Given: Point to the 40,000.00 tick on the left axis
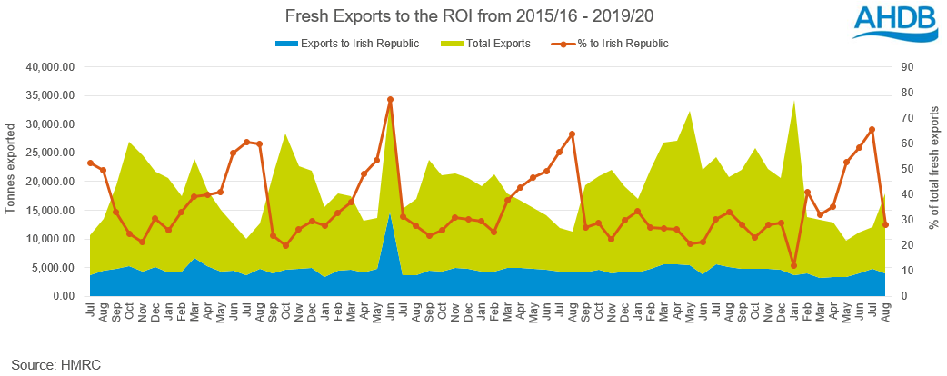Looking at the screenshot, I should [51, 67].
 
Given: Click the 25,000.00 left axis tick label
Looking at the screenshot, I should [51, 153].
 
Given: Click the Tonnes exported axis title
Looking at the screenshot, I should [11, 182].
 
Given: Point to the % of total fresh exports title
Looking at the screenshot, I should [934, 182].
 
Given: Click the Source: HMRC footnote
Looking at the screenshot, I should [56, 364].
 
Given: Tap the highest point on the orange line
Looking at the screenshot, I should [390, 100].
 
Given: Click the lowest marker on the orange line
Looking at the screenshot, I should [794, 265].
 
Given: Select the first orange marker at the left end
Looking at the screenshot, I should [90, 163].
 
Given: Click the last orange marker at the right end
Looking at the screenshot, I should [885, 225].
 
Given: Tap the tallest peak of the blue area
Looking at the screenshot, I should [390, 214].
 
